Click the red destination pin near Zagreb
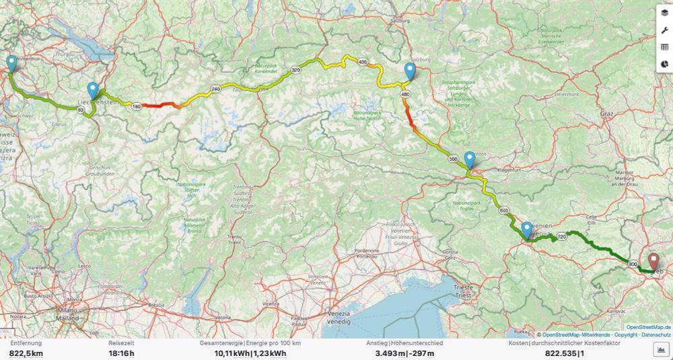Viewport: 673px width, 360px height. (x=654, y=261)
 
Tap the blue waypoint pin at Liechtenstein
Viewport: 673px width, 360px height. (x=93, y=90)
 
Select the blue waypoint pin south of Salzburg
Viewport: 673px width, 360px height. (x=411, y=71)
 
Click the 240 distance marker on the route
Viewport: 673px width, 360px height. (x=215, y=89)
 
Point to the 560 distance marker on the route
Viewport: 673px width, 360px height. (x=452, y=159)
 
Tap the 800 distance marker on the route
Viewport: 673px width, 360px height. (x=633, y=264)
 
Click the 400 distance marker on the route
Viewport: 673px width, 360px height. (x=363, y=62)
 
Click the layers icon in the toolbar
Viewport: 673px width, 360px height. (x=664, y=13)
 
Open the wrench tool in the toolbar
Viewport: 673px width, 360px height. (x=664, y=30)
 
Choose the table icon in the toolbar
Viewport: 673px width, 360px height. (x=664, y=47)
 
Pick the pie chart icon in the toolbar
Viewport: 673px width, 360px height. (x=664, y=65)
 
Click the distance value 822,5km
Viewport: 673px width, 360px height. (x=27, y=353)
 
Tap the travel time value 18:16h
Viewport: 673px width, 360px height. (x=121, y=353)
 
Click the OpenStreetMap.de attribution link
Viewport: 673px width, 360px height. (x=647, y=327)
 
